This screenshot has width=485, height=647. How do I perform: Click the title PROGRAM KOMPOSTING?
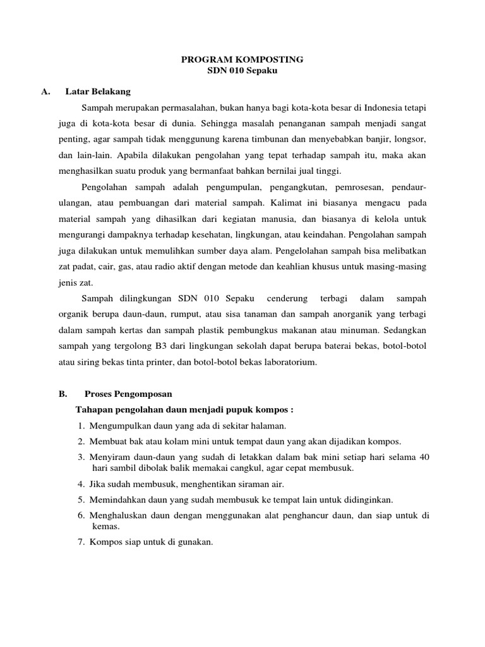[x=242, y=59]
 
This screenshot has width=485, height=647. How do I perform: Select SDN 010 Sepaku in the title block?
[x=242, y=71]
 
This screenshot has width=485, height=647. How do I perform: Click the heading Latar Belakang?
[x=98, y=92]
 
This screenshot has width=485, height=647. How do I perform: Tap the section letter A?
[x=45, y=92]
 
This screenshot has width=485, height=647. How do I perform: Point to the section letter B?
[x=62, y=393]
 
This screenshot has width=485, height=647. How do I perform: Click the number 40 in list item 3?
[x=424, y=457]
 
